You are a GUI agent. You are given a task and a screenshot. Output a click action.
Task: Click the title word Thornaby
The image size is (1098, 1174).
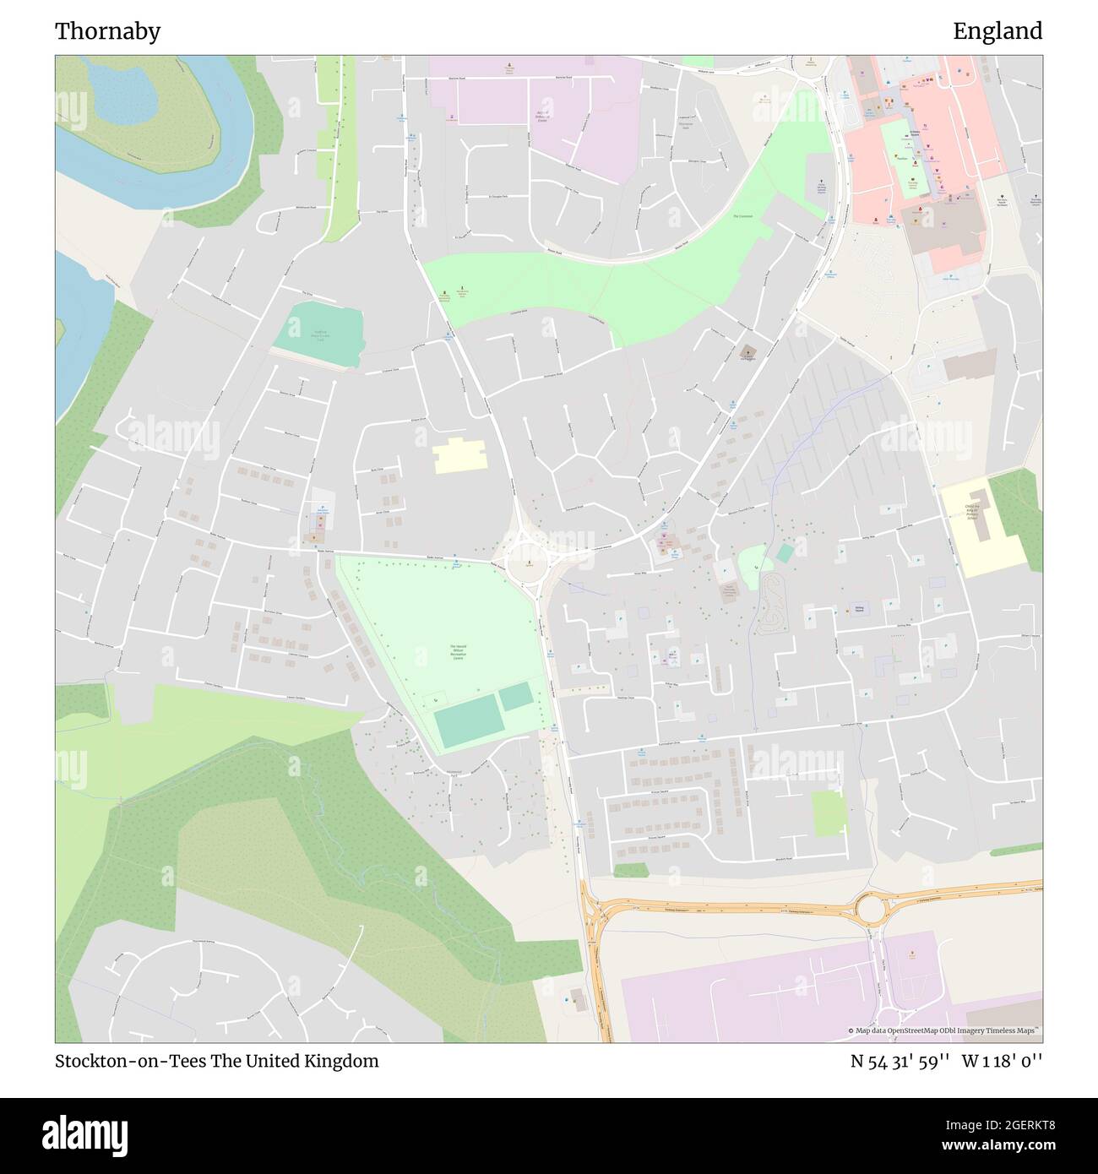107,31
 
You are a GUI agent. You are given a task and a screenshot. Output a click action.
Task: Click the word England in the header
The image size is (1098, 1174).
997,31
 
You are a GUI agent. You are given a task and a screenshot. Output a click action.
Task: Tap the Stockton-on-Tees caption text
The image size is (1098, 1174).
216,1061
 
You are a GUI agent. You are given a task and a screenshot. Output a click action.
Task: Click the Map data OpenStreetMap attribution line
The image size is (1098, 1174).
943,1030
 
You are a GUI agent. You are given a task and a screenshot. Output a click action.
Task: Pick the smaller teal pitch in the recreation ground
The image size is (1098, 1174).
515,697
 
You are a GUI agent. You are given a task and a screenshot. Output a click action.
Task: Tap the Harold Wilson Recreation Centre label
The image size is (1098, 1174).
458,651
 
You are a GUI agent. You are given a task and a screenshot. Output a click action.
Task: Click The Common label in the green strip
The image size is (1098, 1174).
742,216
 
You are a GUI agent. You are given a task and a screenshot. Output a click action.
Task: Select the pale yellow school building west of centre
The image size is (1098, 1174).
460,455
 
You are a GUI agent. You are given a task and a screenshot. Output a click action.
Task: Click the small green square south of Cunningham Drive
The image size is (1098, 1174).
829,813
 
